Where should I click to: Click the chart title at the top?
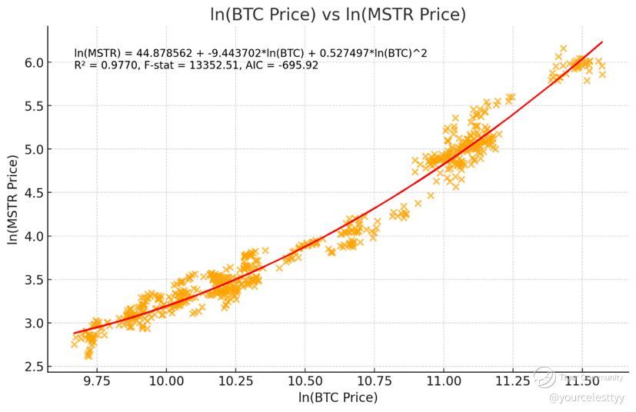(338, 15)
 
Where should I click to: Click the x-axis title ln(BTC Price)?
(338, 397)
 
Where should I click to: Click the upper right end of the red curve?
(601, 42)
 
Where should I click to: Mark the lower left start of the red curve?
(74, 333)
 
